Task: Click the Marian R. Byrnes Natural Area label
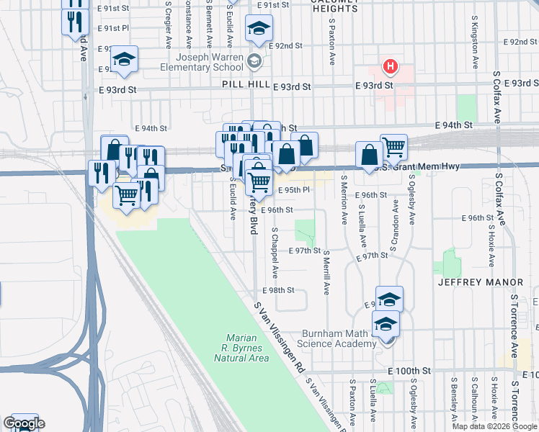click(x=247, y=348)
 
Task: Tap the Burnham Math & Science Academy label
click(x=349, y=339)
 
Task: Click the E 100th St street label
click(x=409, y=370)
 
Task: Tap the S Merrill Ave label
click(x=326, y=273)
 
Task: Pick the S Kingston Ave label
click(x=475, y=42)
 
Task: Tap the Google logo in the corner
click(x=24, y=423)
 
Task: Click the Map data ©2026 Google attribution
click(x=494, y=426)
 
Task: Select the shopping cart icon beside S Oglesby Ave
click(x=393, y=148)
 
